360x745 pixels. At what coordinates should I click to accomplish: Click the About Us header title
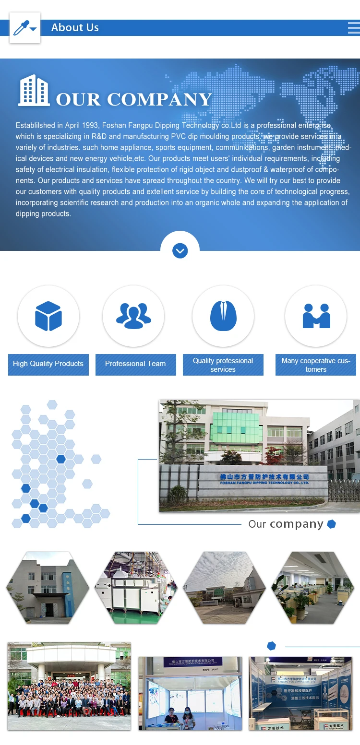point(75,28)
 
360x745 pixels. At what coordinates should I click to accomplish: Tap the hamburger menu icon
point(354,28)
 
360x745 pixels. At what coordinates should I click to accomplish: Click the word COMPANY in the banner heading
point(159,100)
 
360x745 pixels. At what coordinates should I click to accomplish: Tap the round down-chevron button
point(180,250)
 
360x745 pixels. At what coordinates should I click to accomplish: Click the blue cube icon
point(48,316)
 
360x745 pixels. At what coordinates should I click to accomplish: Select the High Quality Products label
point(48,364)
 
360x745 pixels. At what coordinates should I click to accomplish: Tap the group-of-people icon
point(133,316)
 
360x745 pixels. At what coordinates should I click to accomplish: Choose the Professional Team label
point(135,364)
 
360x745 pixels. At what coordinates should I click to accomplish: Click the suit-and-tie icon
point(223,316)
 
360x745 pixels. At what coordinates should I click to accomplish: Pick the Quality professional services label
point(223,365)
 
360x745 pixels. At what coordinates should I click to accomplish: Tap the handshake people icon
point(316,316)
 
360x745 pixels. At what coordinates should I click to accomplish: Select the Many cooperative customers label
point(316,365)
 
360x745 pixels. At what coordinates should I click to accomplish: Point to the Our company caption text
point(286,524)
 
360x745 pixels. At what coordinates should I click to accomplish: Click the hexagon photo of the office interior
point(313,588)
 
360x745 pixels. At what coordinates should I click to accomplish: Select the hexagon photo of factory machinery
point(136,588)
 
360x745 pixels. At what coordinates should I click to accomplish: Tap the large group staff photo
point(69,686)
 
